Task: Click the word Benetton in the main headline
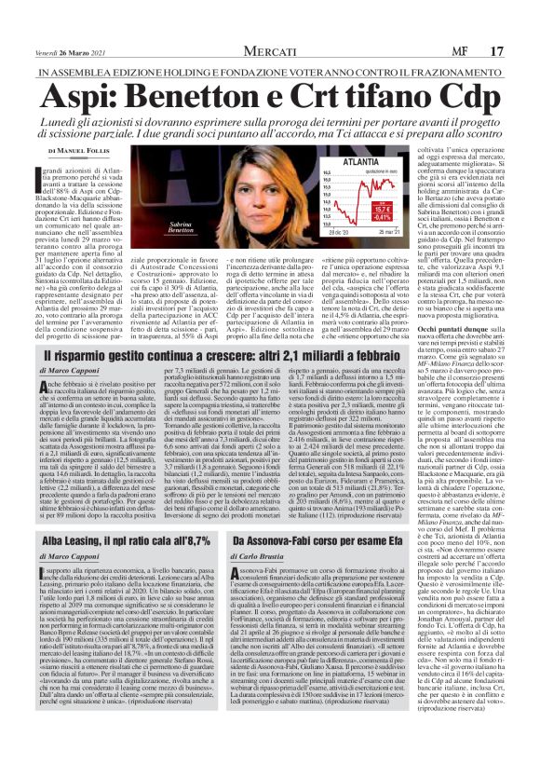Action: [x=210, y=73]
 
